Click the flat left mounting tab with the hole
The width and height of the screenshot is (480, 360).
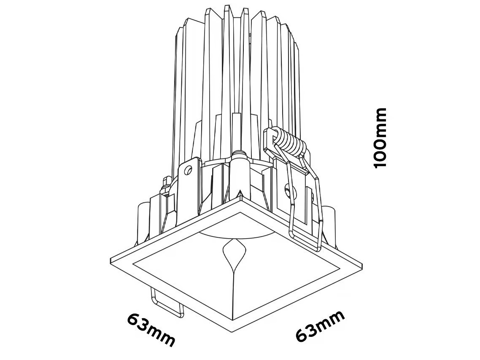(x=188, y=183)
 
